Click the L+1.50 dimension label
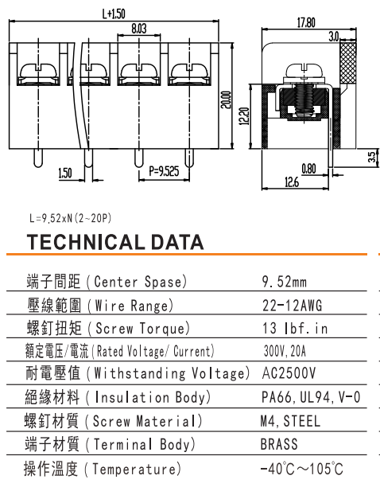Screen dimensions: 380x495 click(x=114, y=14)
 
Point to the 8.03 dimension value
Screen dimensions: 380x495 click(x=139, y=29)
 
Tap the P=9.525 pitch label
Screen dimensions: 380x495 click(x=164, y=171)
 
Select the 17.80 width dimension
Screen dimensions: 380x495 click(x=306, y=23)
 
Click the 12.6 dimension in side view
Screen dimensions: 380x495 click(x=292, y=182)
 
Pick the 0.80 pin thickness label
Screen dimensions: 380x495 click(x=308, y=169)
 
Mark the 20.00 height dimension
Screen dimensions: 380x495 click(x=226, y=100)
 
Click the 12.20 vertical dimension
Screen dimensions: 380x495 click(x=244, y=116)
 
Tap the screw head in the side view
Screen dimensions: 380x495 click(x=304, y=70)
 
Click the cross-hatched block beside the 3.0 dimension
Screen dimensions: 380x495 click(x=348, y=63)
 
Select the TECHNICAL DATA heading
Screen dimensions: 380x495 click(x=115, y=242)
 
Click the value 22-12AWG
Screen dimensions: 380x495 click(x=293, y=306)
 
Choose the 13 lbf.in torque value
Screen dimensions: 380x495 click(x=295, y=329)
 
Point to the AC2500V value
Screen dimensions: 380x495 click(x=289, y=373)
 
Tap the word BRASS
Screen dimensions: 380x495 click(x=279, y=444)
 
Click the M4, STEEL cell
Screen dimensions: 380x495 click(x=290, y=421)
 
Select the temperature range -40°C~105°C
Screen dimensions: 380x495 click(x=302, y=469)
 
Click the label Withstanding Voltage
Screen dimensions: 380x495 click(x=169, y=373)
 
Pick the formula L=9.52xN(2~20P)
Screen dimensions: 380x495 click(x=70, y=218)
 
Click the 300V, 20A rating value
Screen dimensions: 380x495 click(x=285, y=351)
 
